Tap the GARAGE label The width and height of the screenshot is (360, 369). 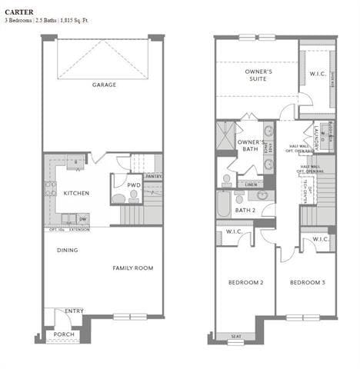[x=104, y=85]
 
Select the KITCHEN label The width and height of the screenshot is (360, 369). [x=76, y=193]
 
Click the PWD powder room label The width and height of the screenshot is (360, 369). [x=133, y=185]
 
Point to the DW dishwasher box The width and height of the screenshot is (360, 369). [x=82, y=219]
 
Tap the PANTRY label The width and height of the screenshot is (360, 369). [x=153, y=176]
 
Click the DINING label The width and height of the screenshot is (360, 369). [x=68, y=250]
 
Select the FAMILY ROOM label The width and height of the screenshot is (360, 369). [x=133, y=268]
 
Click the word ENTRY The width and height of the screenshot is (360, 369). [x=74, y=311]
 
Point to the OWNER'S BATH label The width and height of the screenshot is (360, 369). [x=251, y=146]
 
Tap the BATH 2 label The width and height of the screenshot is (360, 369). [x=245, y=210]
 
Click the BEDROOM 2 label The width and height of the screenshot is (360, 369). [x=245, y=283]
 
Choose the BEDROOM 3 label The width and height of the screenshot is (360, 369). [x=306, y=283]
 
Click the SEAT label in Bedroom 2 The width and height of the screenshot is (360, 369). [x=235, y=336]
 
